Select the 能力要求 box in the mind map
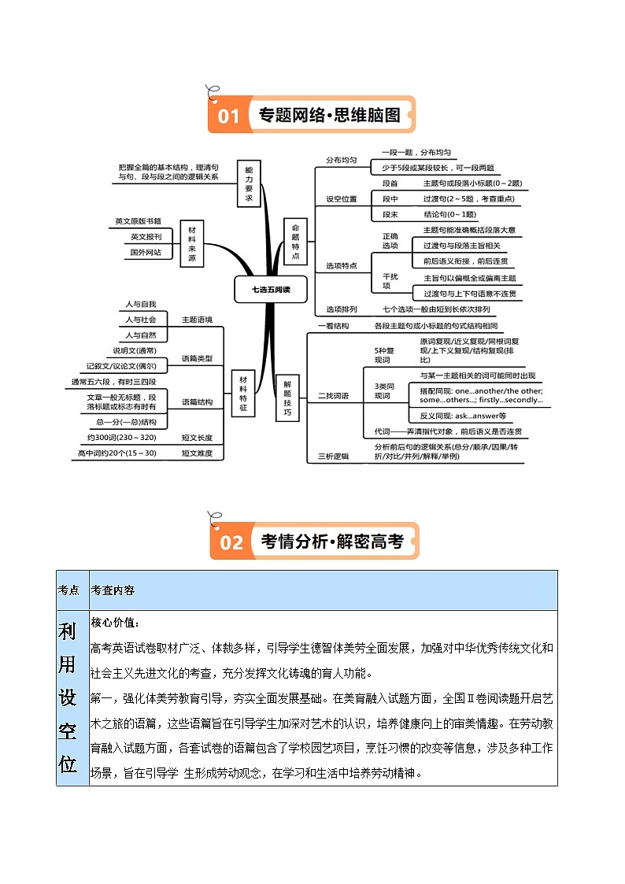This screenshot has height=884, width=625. click(x=249, y=184)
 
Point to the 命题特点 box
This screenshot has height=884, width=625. click(x=295, y=242)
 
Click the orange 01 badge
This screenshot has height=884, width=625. click(x=227, y=117)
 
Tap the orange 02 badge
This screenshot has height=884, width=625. click(x=231, y=542)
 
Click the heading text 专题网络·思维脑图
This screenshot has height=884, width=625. click(x=329, y=116)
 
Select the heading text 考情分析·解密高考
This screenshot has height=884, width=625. click(x=332, y=542)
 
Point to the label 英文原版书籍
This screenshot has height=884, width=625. click(x=138, y=221)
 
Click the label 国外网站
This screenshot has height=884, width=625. click(x=146, y=253)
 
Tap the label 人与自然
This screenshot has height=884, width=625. click(x=141, y=335)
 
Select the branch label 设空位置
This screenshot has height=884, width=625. click(x=341, y=199)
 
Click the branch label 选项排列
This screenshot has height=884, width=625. click(x=341, y=309)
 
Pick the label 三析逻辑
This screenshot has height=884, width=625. click(x=333, y=456)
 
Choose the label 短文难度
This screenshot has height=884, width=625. click(x=197, y=453)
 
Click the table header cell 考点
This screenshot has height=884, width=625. click(x=68, y=590)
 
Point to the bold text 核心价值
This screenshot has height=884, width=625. click(x=114, y=623)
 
